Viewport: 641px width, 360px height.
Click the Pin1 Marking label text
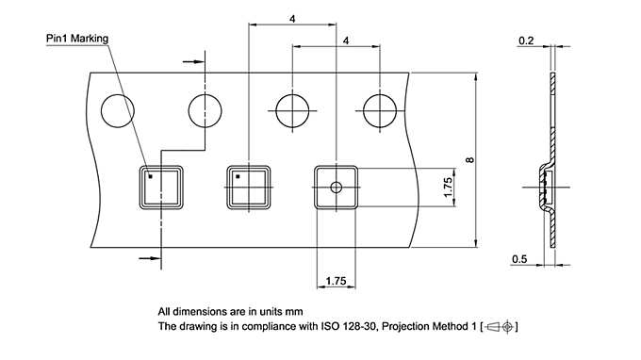78,39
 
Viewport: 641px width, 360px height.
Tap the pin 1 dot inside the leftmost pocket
149,174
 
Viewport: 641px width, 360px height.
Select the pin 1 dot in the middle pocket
238,176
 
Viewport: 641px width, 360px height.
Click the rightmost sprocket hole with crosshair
381,108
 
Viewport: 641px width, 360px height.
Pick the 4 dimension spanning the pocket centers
292,19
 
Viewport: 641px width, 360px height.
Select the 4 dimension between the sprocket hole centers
347,41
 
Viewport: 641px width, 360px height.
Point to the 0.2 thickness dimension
526,41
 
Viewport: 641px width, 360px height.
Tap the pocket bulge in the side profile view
545,189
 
